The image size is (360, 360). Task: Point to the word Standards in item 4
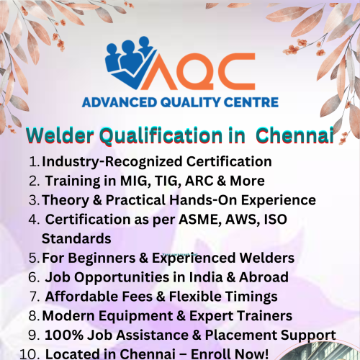pyautogui.click(x=76, y=238)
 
